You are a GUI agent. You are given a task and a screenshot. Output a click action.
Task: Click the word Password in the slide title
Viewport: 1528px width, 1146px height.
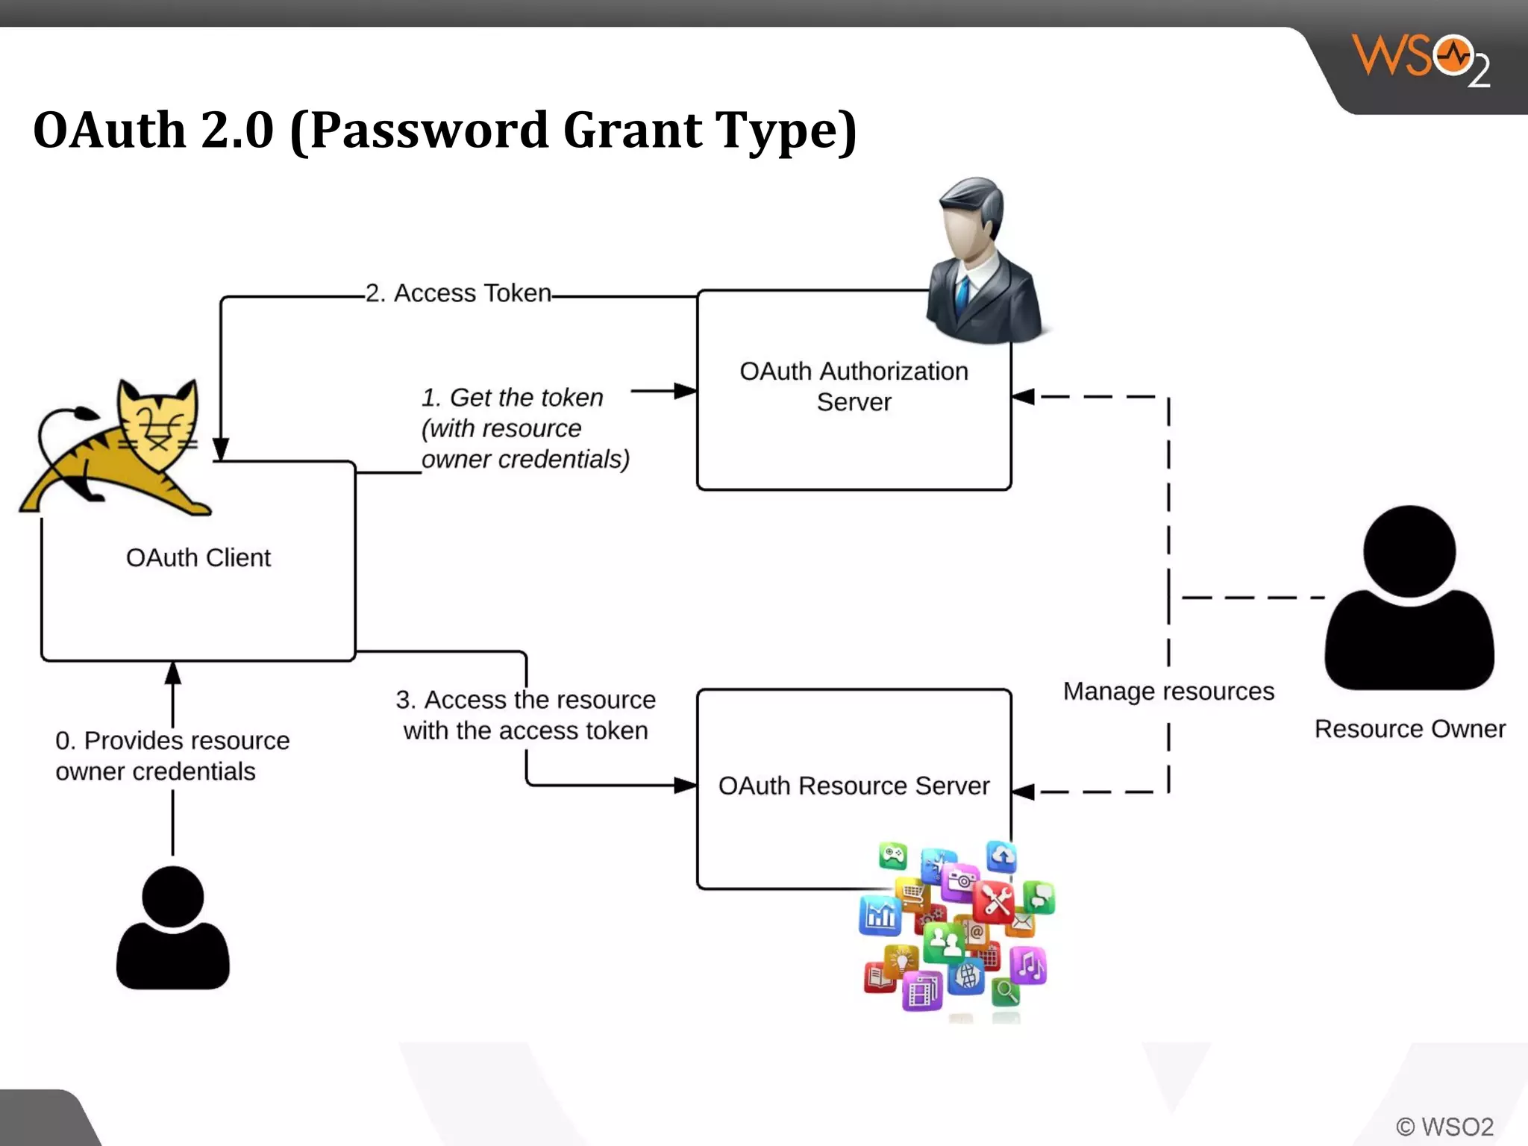point(429,131)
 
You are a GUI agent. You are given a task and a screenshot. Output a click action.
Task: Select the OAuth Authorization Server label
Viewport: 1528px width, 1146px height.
point(854,386)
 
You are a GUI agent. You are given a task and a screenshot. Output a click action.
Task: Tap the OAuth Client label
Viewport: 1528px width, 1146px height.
point(198,558)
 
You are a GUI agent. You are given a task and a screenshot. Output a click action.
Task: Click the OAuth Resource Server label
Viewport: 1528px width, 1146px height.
point(854,786)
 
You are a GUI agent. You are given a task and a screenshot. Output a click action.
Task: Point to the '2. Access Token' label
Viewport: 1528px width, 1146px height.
point(458,293)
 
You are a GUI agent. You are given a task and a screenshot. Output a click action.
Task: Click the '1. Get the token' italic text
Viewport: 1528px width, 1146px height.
point(512,398)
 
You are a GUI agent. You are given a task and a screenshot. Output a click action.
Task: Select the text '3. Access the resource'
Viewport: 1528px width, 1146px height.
point(525,700)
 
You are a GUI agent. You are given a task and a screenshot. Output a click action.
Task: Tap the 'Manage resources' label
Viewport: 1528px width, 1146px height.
point(1168,692)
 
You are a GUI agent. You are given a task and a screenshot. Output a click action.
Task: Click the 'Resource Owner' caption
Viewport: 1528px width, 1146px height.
point(1409,729)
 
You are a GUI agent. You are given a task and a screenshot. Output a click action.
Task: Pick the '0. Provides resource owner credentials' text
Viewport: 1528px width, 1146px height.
point(172,755)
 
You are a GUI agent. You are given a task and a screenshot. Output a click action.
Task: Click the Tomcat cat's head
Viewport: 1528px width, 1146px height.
point(158,422)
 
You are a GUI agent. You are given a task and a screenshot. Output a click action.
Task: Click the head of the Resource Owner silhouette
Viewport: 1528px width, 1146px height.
point(1409,551)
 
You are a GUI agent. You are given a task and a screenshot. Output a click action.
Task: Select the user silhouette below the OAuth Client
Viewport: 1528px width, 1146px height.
point(172,929)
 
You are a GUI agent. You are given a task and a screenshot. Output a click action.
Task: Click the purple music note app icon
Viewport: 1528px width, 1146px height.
point(1029,965)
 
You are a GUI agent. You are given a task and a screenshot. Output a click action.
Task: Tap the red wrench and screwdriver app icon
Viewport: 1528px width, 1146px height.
point(995,901)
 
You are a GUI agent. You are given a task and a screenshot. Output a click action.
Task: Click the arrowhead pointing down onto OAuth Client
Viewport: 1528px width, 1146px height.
point(221,449)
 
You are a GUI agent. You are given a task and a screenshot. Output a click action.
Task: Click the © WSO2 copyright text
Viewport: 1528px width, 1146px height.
point(1444,1127)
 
